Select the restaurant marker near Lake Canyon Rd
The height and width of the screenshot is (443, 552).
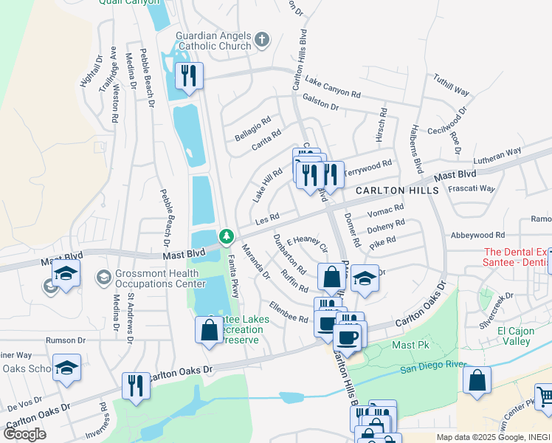coord(190,76)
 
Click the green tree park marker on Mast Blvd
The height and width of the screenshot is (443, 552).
coord(227,236)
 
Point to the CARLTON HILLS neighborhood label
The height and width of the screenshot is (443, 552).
coord(397,190)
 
